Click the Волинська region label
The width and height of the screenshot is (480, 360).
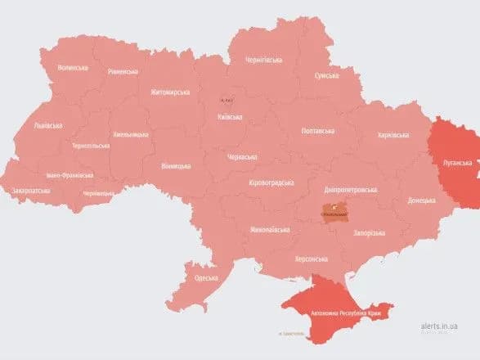72,67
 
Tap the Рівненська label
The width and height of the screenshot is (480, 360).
123,72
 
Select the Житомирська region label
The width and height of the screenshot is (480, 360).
169,92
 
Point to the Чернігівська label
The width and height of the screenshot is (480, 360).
265,60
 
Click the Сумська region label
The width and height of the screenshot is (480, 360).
332,75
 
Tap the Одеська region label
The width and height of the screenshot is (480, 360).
205,278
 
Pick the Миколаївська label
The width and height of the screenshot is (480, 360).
269,229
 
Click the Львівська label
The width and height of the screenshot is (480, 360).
47,125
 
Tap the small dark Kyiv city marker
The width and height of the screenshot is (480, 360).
226,99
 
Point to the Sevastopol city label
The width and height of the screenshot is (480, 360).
290,333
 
